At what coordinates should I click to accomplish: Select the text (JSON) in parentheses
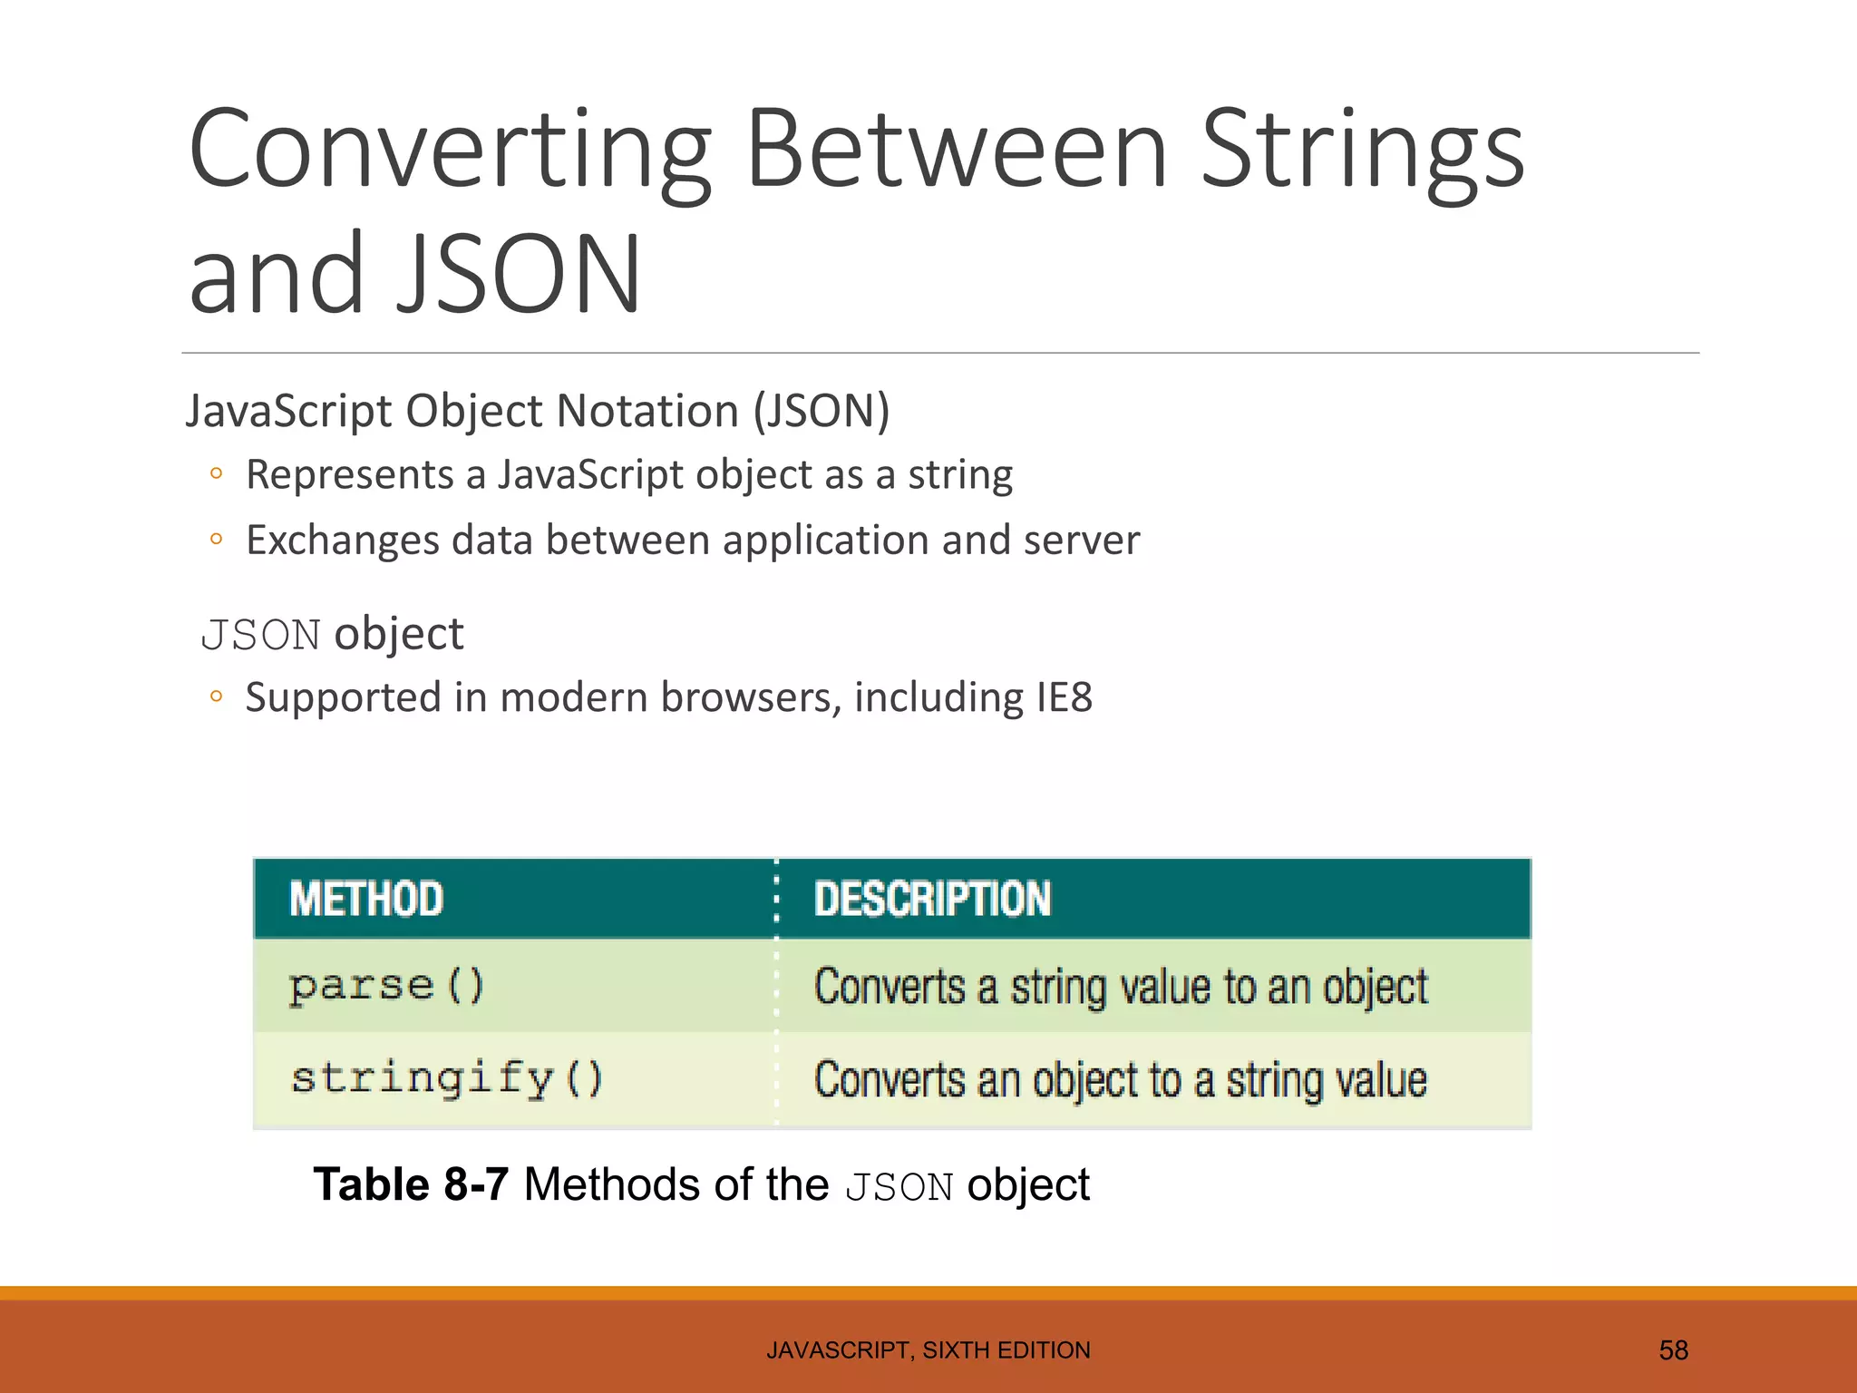click(822, 411)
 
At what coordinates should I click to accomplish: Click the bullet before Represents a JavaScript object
click(216, 473)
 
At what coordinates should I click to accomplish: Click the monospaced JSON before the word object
click(260, 635)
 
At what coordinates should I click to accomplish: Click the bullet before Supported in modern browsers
click(216, 696)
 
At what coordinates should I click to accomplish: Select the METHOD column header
click(366, 900)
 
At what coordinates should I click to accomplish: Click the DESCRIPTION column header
click(932, 900)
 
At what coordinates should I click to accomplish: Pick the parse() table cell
click(387, 986)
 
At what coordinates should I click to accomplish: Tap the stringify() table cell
click(446, 1079)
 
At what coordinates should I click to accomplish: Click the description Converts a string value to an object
click(1121, 987)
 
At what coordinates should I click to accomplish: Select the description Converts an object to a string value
click(1121, 1080)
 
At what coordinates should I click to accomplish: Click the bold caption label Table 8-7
click(411, 1185)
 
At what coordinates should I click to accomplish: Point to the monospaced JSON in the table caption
click(899, 1187)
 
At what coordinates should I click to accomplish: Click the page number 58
click(1673, 1350)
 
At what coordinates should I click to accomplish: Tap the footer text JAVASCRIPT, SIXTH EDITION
click(928, 1350)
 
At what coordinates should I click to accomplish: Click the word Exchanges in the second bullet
click(343, 541)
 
